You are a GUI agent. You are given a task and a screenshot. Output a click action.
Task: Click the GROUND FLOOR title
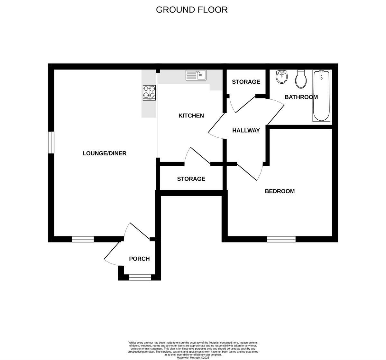point(192,10)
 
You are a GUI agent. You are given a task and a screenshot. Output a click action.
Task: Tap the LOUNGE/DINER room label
point(105,153)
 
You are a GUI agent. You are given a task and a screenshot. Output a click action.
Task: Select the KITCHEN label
point(191,115)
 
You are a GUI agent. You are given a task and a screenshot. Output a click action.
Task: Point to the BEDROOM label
point(280,191)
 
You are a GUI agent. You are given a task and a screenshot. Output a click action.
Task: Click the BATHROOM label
point(301,97)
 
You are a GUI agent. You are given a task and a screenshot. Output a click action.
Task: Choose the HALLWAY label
point(246,130)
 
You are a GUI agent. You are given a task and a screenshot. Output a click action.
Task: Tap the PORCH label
point(139,259)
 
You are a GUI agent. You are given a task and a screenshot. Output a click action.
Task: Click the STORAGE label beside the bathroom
point(246,82)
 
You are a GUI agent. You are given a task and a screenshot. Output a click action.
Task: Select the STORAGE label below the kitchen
point(191,179)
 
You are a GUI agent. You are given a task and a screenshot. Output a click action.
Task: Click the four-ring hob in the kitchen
point(149,92)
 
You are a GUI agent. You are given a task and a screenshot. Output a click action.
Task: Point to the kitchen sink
point(196,75)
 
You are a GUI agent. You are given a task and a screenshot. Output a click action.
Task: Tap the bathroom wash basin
point(282,77)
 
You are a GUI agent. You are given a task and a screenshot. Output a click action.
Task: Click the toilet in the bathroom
point(301,79)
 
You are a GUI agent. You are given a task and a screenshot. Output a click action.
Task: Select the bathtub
point(321,96)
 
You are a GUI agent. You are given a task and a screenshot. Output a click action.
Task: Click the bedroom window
point(281,239)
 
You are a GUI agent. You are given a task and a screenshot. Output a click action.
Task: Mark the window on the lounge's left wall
point(51,142)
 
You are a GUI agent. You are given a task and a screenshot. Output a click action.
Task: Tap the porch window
point(140,277)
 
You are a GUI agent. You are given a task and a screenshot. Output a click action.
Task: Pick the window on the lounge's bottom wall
point(83,239)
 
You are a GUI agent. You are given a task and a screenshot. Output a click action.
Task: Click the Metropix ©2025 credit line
point(193,357)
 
